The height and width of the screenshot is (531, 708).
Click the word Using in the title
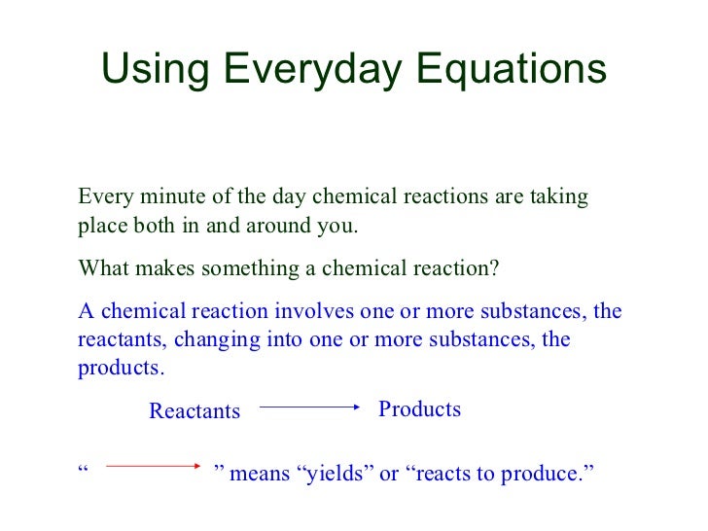[x=155, y=70]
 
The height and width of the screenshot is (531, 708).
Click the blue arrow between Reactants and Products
[x=309, y=409]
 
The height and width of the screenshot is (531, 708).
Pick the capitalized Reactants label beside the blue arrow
[x=195, y=411]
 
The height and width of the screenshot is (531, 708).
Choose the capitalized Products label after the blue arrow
[x=419, y=409]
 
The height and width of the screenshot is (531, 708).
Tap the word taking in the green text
[x=559, y=197]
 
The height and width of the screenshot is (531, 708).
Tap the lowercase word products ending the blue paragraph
[x=119, y=370]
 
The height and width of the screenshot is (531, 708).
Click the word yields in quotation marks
[x=335, y=474]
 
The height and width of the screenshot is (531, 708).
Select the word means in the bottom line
[x=259, y=474]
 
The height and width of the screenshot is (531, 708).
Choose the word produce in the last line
[x=549, y=474]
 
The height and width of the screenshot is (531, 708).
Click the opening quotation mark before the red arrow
[x=83, y=469]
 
